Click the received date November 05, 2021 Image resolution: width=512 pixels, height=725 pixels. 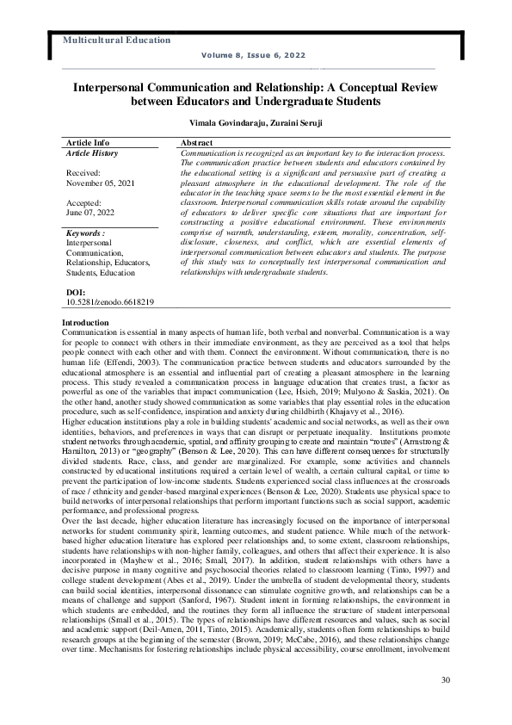click(x=95, y=183)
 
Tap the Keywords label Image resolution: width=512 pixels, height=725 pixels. click(x=85, y=232)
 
